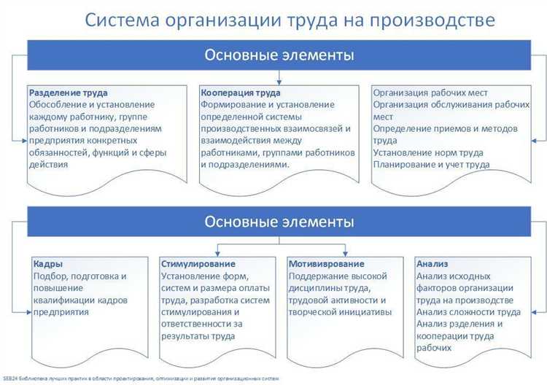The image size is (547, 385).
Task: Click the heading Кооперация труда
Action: point(240,93)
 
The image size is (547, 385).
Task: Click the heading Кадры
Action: point(48,264)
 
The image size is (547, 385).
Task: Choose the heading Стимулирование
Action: point(198,264)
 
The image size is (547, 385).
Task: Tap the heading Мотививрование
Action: point(326,264)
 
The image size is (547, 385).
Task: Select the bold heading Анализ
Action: point(432,264)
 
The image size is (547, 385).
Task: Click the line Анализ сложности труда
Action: point(468,312)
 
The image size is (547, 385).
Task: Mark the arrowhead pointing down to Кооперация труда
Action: point(279,82)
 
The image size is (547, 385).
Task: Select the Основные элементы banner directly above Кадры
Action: point(279,221)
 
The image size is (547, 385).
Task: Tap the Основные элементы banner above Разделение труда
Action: point(279,55)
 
